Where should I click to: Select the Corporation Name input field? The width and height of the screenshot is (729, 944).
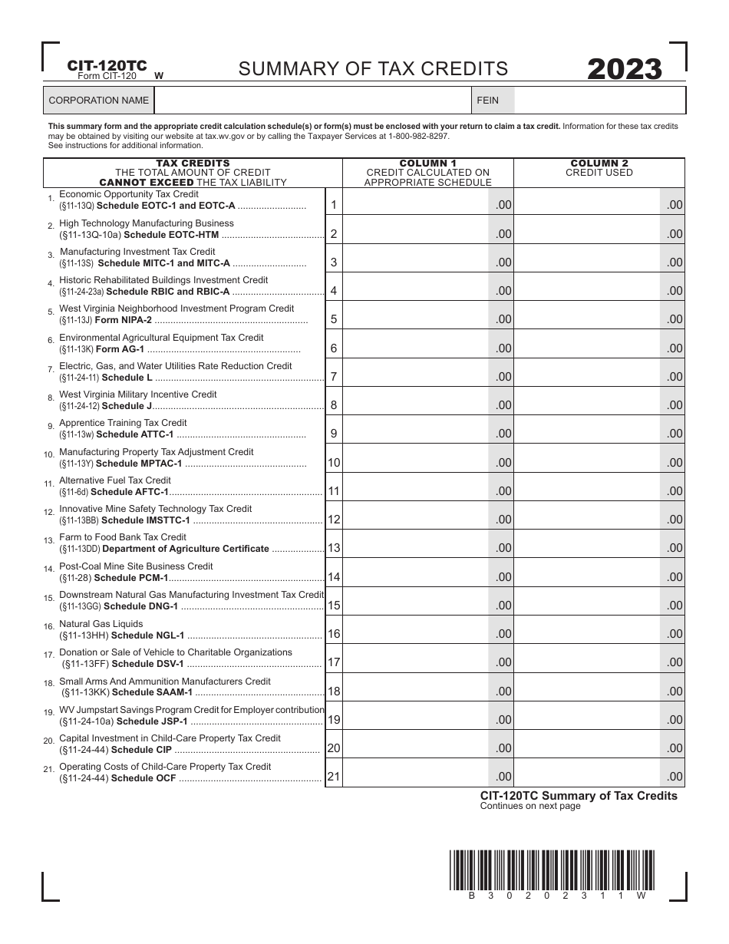(312, 101)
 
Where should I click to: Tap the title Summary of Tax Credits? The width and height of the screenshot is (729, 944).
(373, 69)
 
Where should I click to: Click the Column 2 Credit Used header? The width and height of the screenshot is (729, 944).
(599, 168)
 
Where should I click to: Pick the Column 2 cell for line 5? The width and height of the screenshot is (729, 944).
(587, 319)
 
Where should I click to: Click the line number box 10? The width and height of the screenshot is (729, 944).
(334, 463)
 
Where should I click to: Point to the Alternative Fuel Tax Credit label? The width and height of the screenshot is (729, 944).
(115, 480)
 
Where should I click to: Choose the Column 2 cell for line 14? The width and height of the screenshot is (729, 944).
(587, 577)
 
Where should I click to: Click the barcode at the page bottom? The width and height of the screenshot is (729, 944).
(552, 870)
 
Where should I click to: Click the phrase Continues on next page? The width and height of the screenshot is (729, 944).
(530, 807)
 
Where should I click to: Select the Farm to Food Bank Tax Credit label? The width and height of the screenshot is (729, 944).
(123, 537)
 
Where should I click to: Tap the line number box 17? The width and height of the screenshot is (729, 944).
(334, 662)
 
